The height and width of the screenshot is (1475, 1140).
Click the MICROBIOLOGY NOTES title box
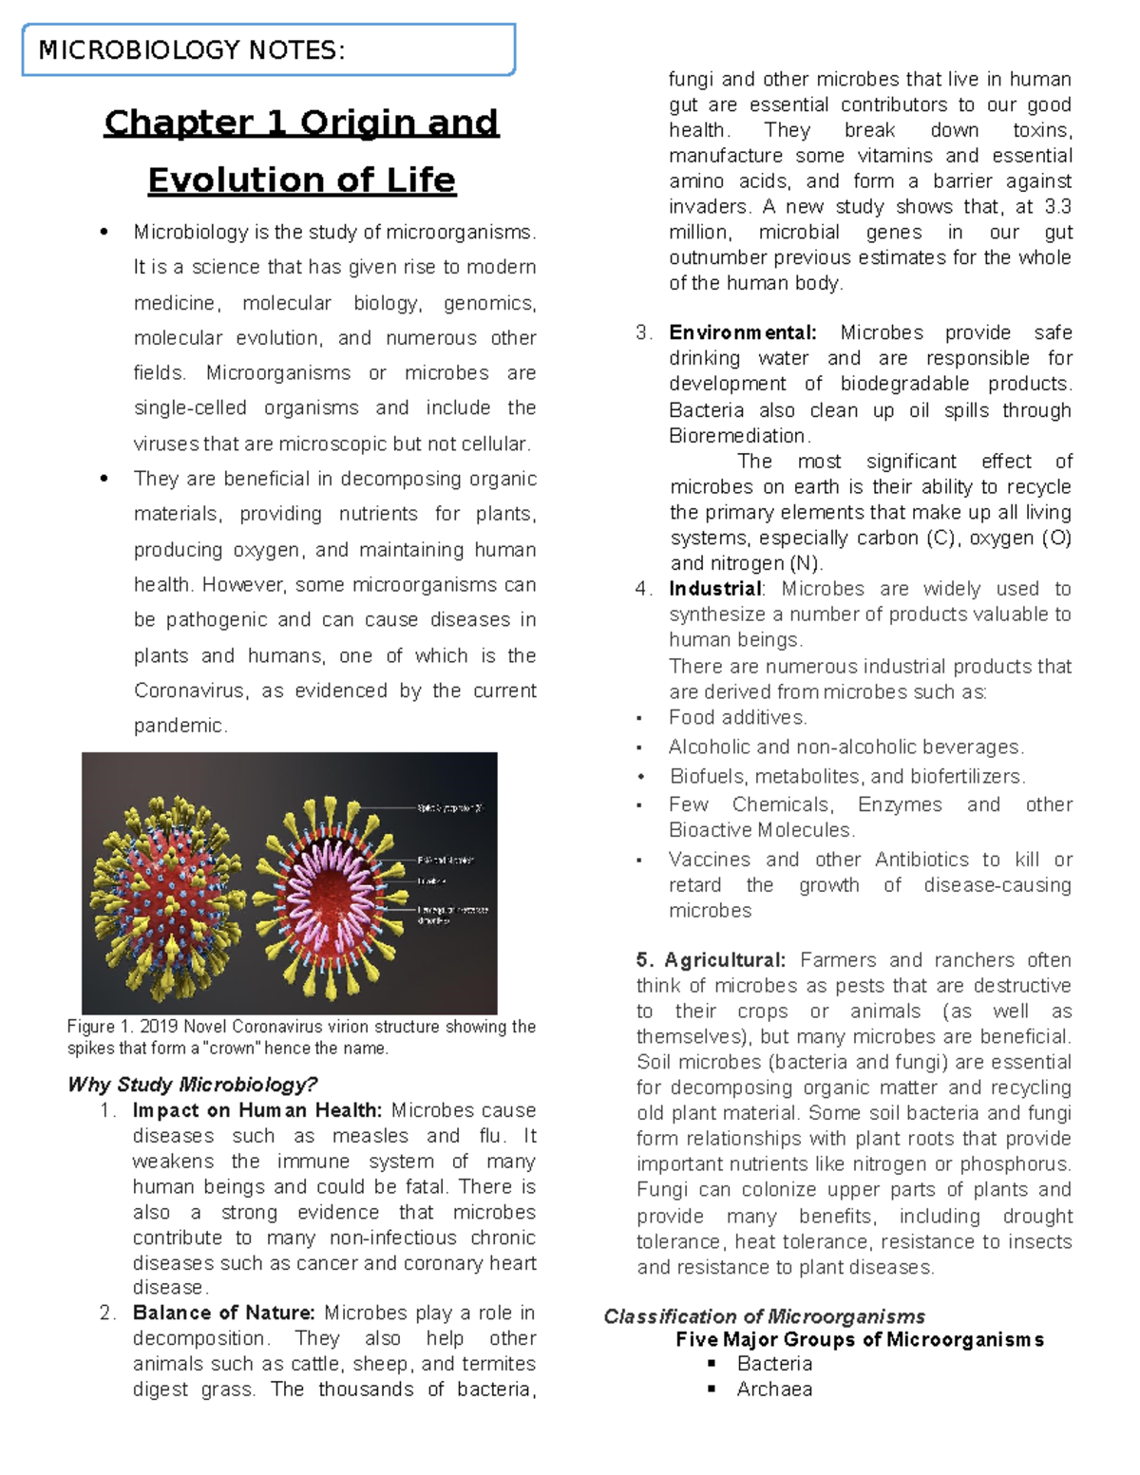point(268,49)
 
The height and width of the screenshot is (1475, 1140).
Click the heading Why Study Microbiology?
point(192,1085)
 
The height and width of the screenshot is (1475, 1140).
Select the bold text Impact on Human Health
point(256,1110)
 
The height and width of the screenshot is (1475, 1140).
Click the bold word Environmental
point(742,332)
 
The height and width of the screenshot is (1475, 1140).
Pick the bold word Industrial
point(715,589)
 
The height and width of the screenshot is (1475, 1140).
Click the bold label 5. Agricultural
point(712,960)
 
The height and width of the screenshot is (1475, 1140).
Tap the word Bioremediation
point(738,436)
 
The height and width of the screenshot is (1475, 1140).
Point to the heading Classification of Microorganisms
point(764,1316)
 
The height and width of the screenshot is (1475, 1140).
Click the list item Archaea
point(774,1390)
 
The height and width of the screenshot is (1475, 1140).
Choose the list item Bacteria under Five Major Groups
point(774,1364)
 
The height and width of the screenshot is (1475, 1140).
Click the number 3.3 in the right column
point(1057,207)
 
